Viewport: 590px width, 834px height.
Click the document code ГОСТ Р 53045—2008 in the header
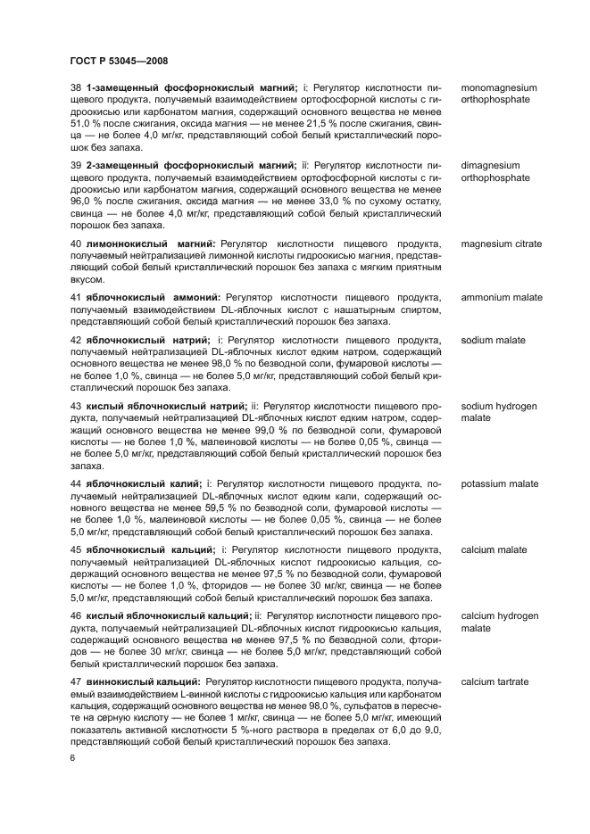(119, 60)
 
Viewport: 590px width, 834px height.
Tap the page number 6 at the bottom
(73, 757)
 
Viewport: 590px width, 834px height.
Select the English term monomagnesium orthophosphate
(499, 95)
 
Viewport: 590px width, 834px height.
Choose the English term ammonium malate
(502, 297)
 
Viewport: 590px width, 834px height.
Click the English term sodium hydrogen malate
(499, 411)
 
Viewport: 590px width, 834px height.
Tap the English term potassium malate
(500, 483)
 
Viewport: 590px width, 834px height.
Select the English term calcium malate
(494, 549)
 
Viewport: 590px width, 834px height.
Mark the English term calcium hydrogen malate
(499, 622)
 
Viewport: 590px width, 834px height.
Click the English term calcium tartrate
(494, 681)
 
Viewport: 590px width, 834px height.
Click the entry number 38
(76, 89)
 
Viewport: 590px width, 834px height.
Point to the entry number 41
(76, 297)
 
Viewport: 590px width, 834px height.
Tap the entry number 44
(76, 483)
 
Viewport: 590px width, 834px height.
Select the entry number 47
(76, 681)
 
